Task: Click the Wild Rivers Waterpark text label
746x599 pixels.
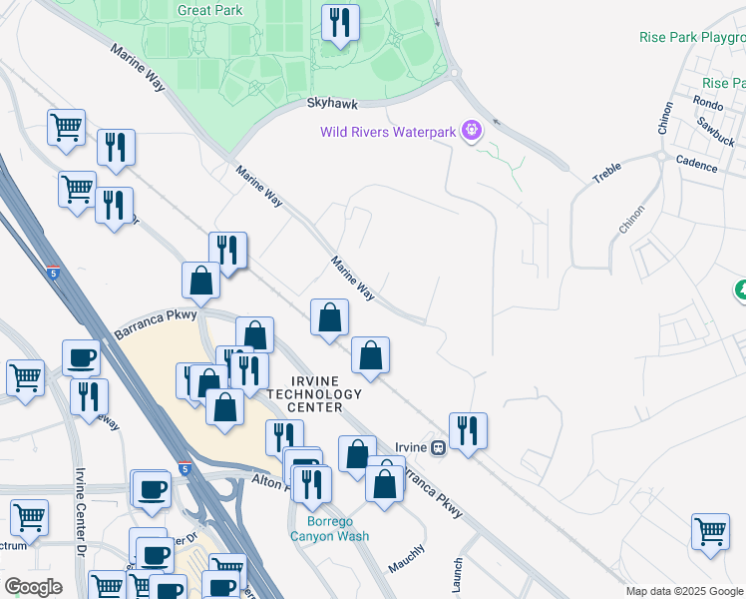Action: point(387,131)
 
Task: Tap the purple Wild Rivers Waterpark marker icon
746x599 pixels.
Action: point(473,131)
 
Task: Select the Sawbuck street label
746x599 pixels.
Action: point(716,129)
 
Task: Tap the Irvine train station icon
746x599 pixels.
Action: point(437,448)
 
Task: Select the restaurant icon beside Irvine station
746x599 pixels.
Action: point(468,430)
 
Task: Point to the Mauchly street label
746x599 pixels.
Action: point(406,558)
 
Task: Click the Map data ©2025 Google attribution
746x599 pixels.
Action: point(685,592)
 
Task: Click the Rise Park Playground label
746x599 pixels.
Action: point(692,37)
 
